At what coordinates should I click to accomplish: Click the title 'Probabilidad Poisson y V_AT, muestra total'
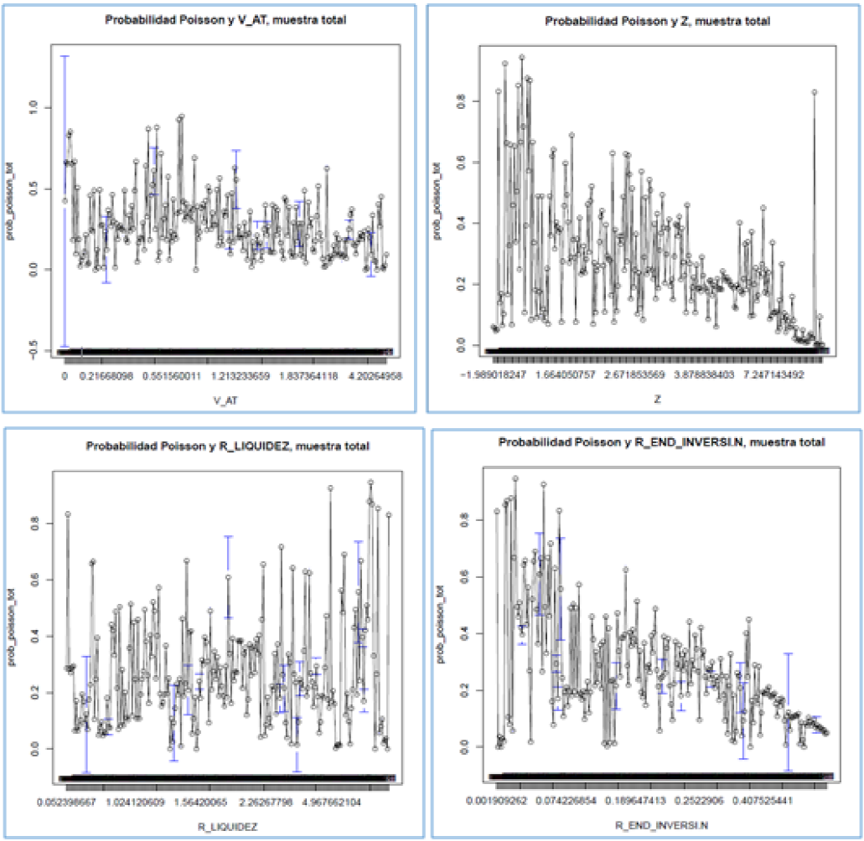pos(226,20)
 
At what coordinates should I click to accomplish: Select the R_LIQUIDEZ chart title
pos(227,446)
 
